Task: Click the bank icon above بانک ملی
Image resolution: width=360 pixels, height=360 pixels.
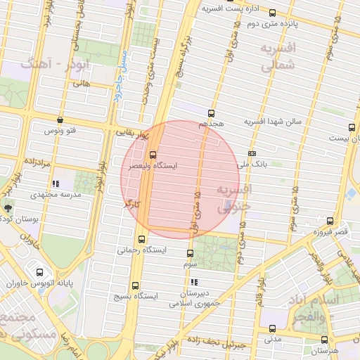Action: [x=252, y=153]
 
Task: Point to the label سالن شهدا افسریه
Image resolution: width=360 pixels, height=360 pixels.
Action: [x=272, y=122]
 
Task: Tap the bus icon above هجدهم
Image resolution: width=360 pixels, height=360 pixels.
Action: [x=211, y=112]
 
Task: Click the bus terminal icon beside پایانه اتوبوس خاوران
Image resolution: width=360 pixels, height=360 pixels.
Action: [x=39, y=272]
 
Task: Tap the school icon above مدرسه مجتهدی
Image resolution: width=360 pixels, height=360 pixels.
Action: [x=56, y=184]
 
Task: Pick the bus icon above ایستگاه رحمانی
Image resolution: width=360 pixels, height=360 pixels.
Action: [x=143, y=239]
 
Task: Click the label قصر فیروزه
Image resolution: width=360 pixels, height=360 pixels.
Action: [x=330, y=231]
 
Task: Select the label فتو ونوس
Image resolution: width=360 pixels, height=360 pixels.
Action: [x=60, y=131]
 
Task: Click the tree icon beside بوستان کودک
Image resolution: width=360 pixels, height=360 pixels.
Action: [x=8, y=208]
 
